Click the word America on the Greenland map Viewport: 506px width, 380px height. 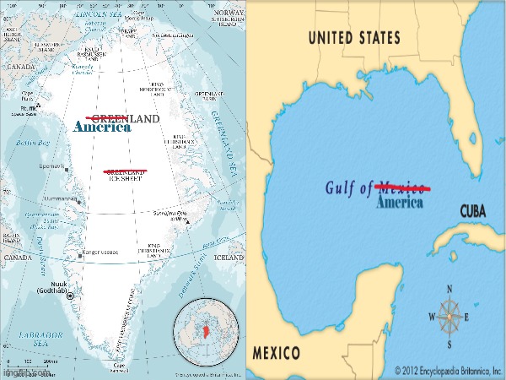click(102, 128)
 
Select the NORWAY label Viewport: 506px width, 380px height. click(229, 13)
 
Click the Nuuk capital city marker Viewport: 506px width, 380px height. click(70, 295)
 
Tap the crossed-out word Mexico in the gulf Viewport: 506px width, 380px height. click(401, 187)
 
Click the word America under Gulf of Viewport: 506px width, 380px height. click(399, 203)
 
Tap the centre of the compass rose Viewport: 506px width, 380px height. click(449, 317)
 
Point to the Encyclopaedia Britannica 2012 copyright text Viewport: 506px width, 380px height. click(448, 370)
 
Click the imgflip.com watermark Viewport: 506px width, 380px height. click(20, 372)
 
